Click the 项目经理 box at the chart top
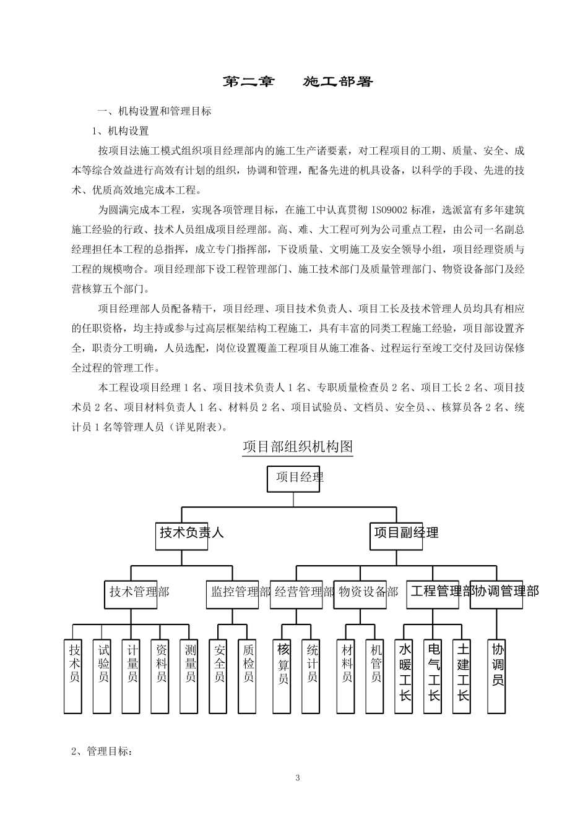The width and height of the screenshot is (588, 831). coord(293,479)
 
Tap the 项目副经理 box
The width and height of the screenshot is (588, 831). coord(397,534)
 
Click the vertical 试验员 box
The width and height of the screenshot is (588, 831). coord(103,675)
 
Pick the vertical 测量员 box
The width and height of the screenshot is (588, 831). coord(191,675)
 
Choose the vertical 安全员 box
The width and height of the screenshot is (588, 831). coord(220,675)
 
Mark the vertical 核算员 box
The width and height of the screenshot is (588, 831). coord(283,675)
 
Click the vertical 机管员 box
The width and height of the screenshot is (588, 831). coord(376,675)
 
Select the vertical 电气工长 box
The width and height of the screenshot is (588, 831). coord(434,676)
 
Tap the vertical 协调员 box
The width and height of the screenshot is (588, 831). coord(498,675)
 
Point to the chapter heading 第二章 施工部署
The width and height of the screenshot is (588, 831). coord(298,82)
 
